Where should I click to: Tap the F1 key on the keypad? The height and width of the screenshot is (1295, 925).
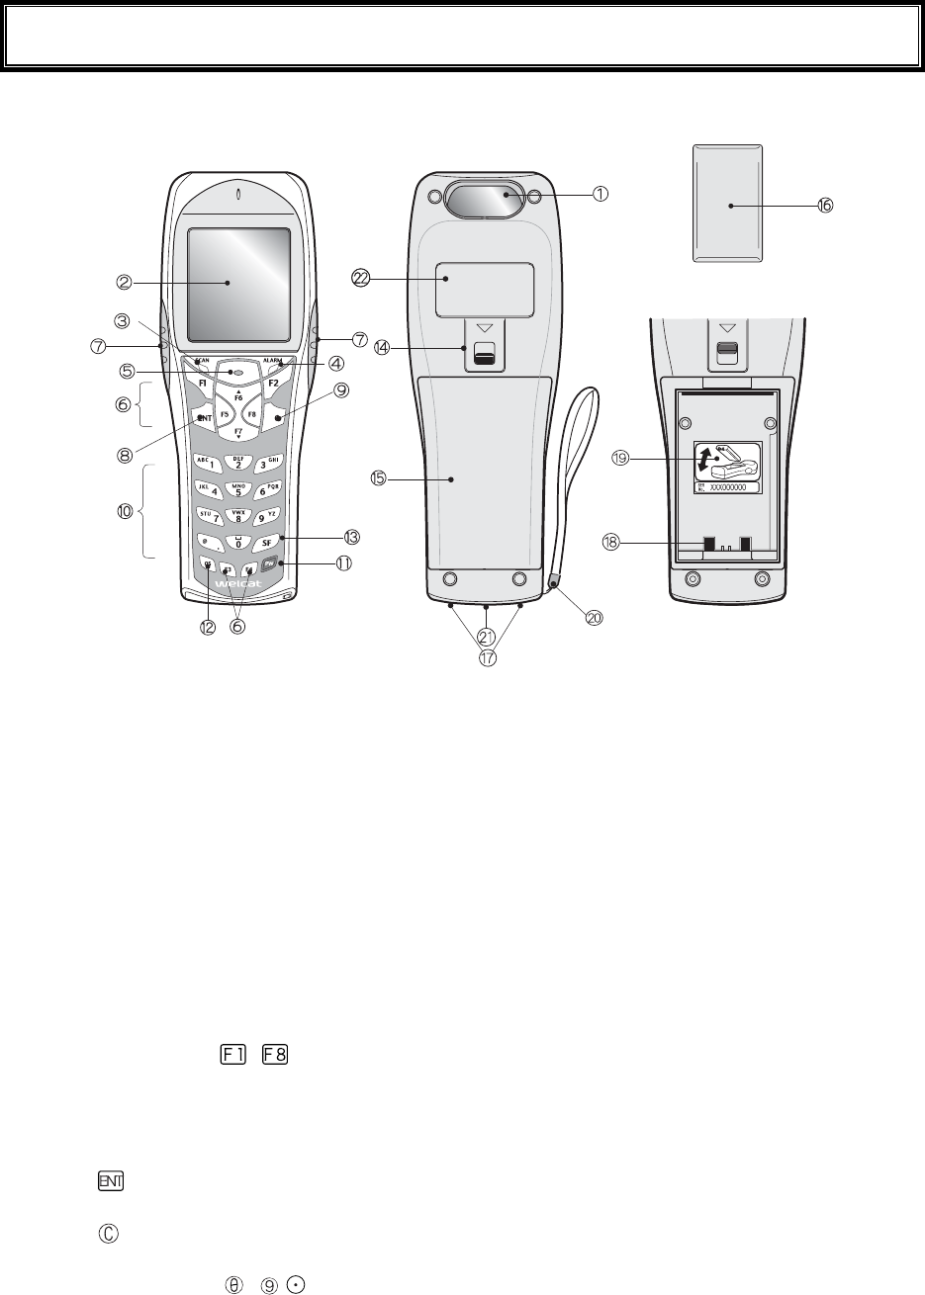202,380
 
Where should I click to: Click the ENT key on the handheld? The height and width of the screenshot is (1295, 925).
204,419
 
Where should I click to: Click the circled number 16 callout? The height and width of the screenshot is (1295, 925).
824,205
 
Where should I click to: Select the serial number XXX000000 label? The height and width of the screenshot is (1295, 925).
733,487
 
